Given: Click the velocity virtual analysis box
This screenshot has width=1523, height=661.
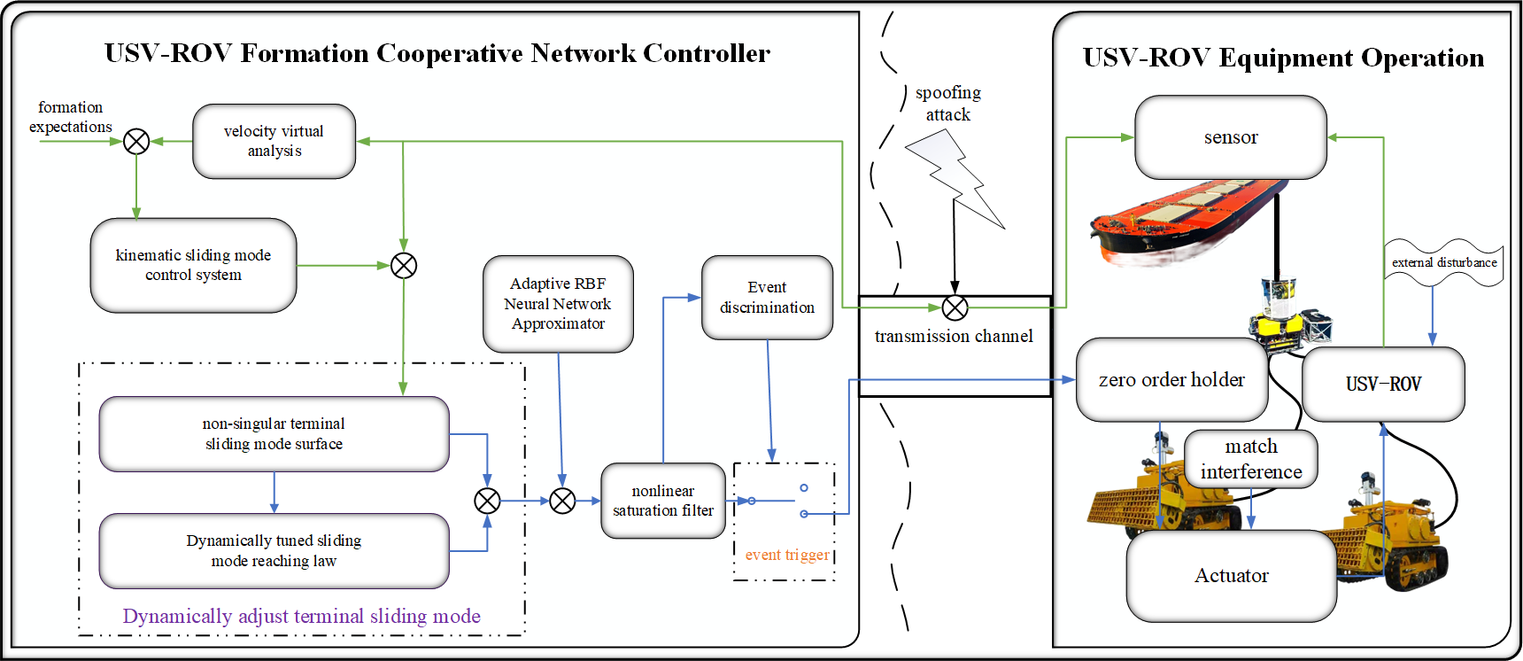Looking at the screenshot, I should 274,142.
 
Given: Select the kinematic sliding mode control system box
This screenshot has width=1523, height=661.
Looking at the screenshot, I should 193,266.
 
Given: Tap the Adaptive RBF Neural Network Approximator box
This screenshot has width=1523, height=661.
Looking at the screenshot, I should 558,304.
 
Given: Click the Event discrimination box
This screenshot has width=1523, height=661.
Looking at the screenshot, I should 767,298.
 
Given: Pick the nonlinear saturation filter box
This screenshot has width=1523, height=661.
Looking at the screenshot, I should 662,501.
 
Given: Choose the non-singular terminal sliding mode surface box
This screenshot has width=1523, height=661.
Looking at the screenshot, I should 274,434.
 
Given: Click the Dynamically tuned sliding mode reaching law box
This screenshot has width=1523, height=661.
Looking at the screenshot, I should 274,551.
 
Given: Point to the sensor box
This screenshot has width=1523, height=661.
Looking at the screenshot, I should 1231,137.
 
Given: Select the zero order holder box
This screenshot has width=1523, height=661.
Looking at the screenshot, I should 1171,380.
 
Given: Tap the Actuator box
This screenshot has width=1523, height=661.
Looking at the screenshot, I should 1231,576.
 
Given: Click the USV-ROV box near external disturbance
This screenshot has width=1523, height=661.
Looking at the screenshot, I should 1383,385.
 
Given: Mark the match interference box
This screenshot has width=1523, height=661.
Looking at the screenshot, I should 1250,459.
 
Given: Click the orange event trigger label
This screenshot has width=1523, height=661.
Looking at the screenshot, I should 787,556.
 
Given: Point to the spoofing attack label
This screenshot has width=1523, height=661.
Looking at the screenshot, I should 947,104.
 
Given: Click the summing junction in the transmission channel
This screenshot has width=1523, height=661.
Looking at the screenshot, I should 955,308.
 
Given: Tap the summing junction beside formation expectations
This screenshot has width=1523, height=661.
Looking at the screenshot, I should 136,142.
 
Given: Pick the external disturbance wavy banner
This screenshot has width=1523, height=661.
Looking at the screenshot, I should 1443,262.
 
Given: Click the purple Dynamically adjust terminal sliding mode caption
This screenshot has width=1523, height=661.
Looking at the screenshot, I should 301,617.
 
